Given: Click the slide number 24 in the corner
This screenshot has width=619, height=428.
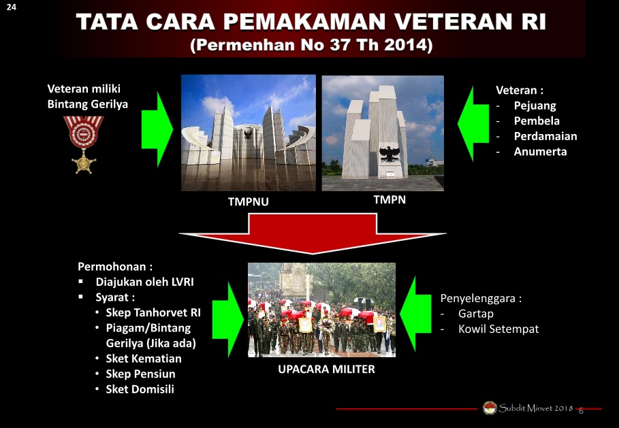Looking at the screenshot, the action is click(11, 7).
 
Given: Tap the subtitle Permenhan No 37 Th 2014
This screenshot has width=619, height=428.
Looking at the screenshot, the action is click(311, 45).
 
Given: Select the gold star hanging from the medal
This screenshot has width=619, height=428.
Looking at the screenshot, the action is click(84, 162).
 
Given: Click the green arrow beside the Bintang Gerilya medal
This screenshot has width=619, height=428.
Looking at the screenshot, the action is click(157, 130).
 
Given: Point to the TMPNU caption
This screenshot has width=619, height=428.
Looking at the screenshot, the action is click(249, 201).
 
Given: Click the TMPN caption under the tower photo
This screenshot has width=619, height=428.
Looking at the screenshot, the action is click(390, 199).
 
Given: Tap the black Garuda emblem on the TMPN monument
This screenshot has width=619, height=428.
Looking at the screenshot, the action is click(390, 154).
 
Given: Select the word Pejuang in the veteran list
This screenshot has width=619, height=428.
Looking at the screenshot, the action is click(535, 105).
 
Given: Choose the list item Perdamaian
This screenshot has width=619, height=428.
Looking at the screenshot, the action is click(545, 136).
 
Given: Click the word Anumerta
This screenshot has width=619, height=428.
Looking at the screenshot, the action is click(540, 152).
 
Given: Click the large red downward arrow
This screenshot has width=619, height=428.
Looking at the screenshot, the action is click(313, 233).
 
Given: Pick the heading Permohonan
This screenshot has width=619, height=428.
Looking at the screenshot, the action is click(115, 267).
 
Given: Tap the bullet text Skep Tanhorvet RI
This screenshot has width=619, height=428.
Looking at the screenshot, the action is click(153, 312).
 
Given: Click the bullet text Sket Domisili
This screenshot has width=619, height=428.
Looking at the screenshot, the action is click(140, 389).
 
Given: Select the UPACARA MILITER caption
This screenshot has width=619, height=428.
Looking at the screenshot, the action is click(326, 369).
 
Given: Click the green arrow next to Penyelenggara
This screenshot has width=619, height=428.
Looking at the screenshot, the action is click(415, 314).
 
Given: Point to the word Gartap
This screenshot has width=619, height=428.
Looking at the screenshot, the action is click(476, 314).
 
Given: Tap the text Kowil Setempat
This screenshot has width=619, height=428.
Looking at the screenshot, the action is click(498, 329).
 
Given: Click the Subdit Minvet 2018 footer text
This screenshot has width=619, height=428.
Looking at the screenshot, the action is click(536, 408).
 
